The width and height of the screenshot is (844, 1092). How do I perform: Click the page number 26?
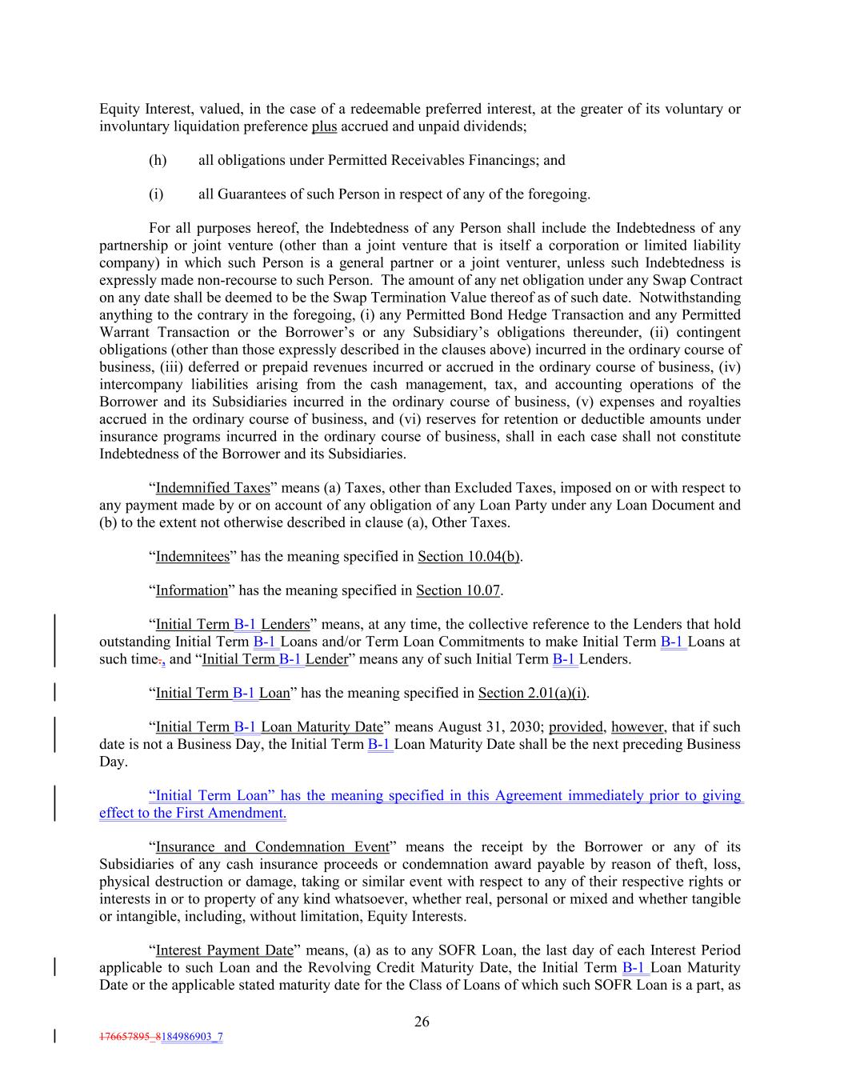point(422,1022)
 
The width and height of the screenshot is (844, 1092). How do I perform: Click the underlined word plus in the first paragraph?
point(324,126)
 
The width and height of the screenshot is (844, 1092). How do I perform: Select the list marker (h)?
point(158,160)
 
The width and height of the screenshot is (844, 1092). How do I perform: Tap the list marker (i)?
point(156,194)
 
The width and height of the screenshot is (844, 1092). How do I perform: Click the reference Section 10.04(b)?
point(469,557)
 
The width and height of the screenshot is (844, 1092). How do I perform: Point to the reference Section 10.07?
point(458,590)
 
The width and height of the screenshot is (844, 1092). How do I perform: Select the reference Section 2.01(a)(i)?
point(532,693)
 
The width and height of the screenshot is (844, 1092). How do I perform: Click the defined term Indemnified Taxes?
point(213,488)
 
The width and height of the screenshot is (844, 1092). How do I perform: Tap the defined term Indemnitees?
point(192,557)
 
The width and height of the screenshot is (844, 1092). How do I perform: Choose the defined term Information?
point(191,590)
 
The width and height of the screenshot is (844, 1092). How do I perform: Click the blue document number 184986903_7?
point(192,1037)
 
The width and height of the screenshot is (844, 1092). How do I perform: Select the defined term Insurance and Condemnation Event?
point(272,847)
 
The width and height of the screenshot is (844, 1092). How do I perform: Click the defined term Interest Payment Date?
point(224,950)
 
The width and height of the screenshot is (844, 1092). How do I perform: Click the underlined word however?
point(638,727)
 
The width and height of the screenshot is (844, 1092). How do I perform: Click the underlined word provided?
point(576,727)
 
